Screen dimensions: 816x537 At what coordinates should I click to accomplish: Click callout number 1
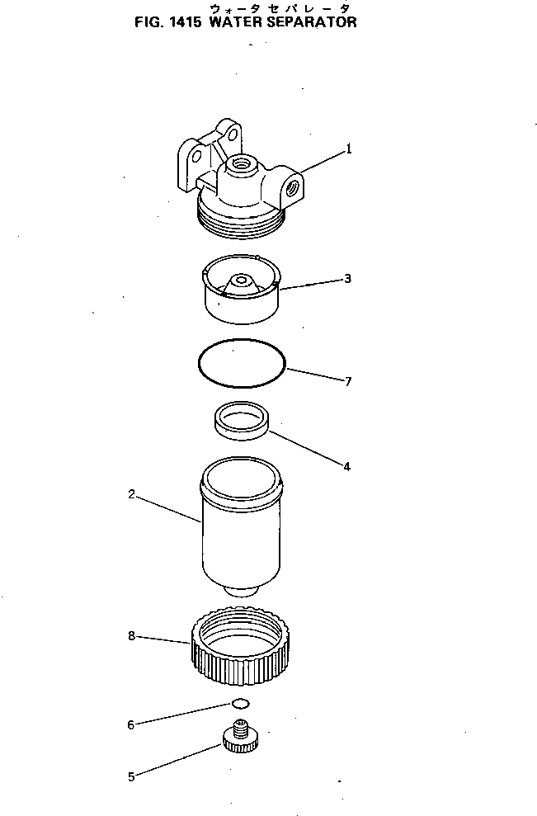pyautogui.click(x=349, y=149)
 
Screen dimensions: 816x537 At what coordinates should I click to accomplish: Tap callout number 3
pyautogui.click(x=347, y=279)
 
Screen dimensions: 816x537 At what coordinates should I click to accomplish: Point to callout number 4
pyautogui.click(x=346, y=466)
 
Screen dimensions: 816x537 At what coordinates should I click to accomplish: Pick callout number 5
pyautogui.click(x=131, y=776)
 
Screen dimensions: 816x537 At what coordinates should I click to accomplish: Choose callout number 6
pyautogui.click(x=130, y=725)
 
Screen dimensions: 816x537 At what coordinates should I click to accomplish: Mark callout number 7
pyautogui.click(x=348, y=381)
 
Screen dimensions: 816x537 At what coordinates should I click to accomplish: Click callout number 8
pyautogui.click(x=131, y=636)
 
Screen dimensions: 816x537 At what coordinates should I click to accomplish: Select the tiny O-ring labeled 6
pyautogui.click(x=241, y=704)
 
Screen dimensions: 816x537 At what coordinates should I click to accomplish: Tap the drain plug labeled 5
pyautogui.click(x=241, y=737)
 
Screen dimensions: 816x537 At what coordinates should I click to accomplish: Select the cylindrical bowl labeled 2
pyautogui.click(x=242, y=528)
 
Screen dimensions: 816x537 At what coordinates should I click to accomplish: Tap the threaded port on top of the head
pyautogui.click(x=241, y=163)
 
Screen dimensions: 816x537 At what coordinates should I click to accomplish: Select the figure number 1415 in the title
pyautogui.click(x=187, y=23)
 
